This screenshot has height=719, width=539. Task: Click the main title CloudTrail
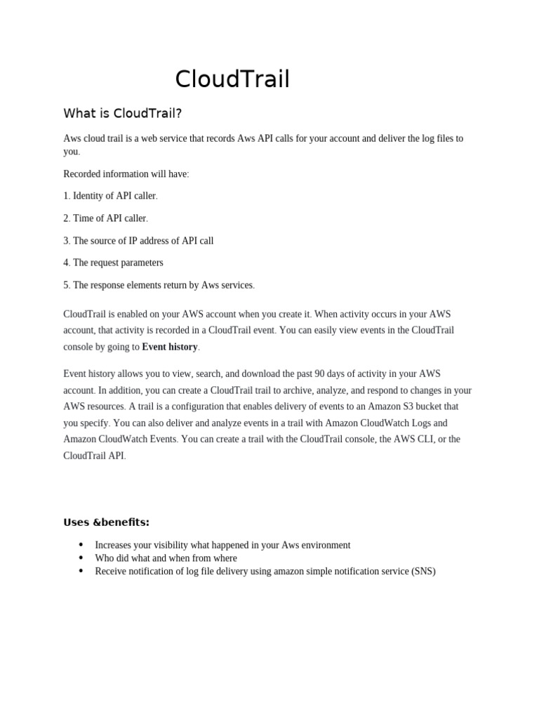pyautogui.click(x=232, y=79)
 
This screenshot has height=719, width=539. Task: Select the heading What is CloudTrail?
pyautogui.click(x=123, y=113)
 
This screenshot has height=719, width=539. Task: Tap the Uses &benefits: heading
pyautogui.click(x=107, y=522)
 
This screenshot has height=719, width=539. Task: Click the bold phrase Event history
pyautogui.click(x=170, y=347)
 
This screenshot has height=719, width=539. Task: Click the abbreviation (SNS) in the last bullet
pyautogui.click(x=423, y=572)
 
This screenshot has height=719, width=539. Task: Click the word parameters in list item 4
pyautogui.click(x=139, y=263)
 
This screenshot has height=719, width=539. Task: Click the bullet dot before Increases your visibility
pyautogui.click(x=81, y=545)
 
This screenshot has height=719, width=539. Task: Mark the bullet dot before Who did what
pyautogui.click(x=81, y=558)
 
